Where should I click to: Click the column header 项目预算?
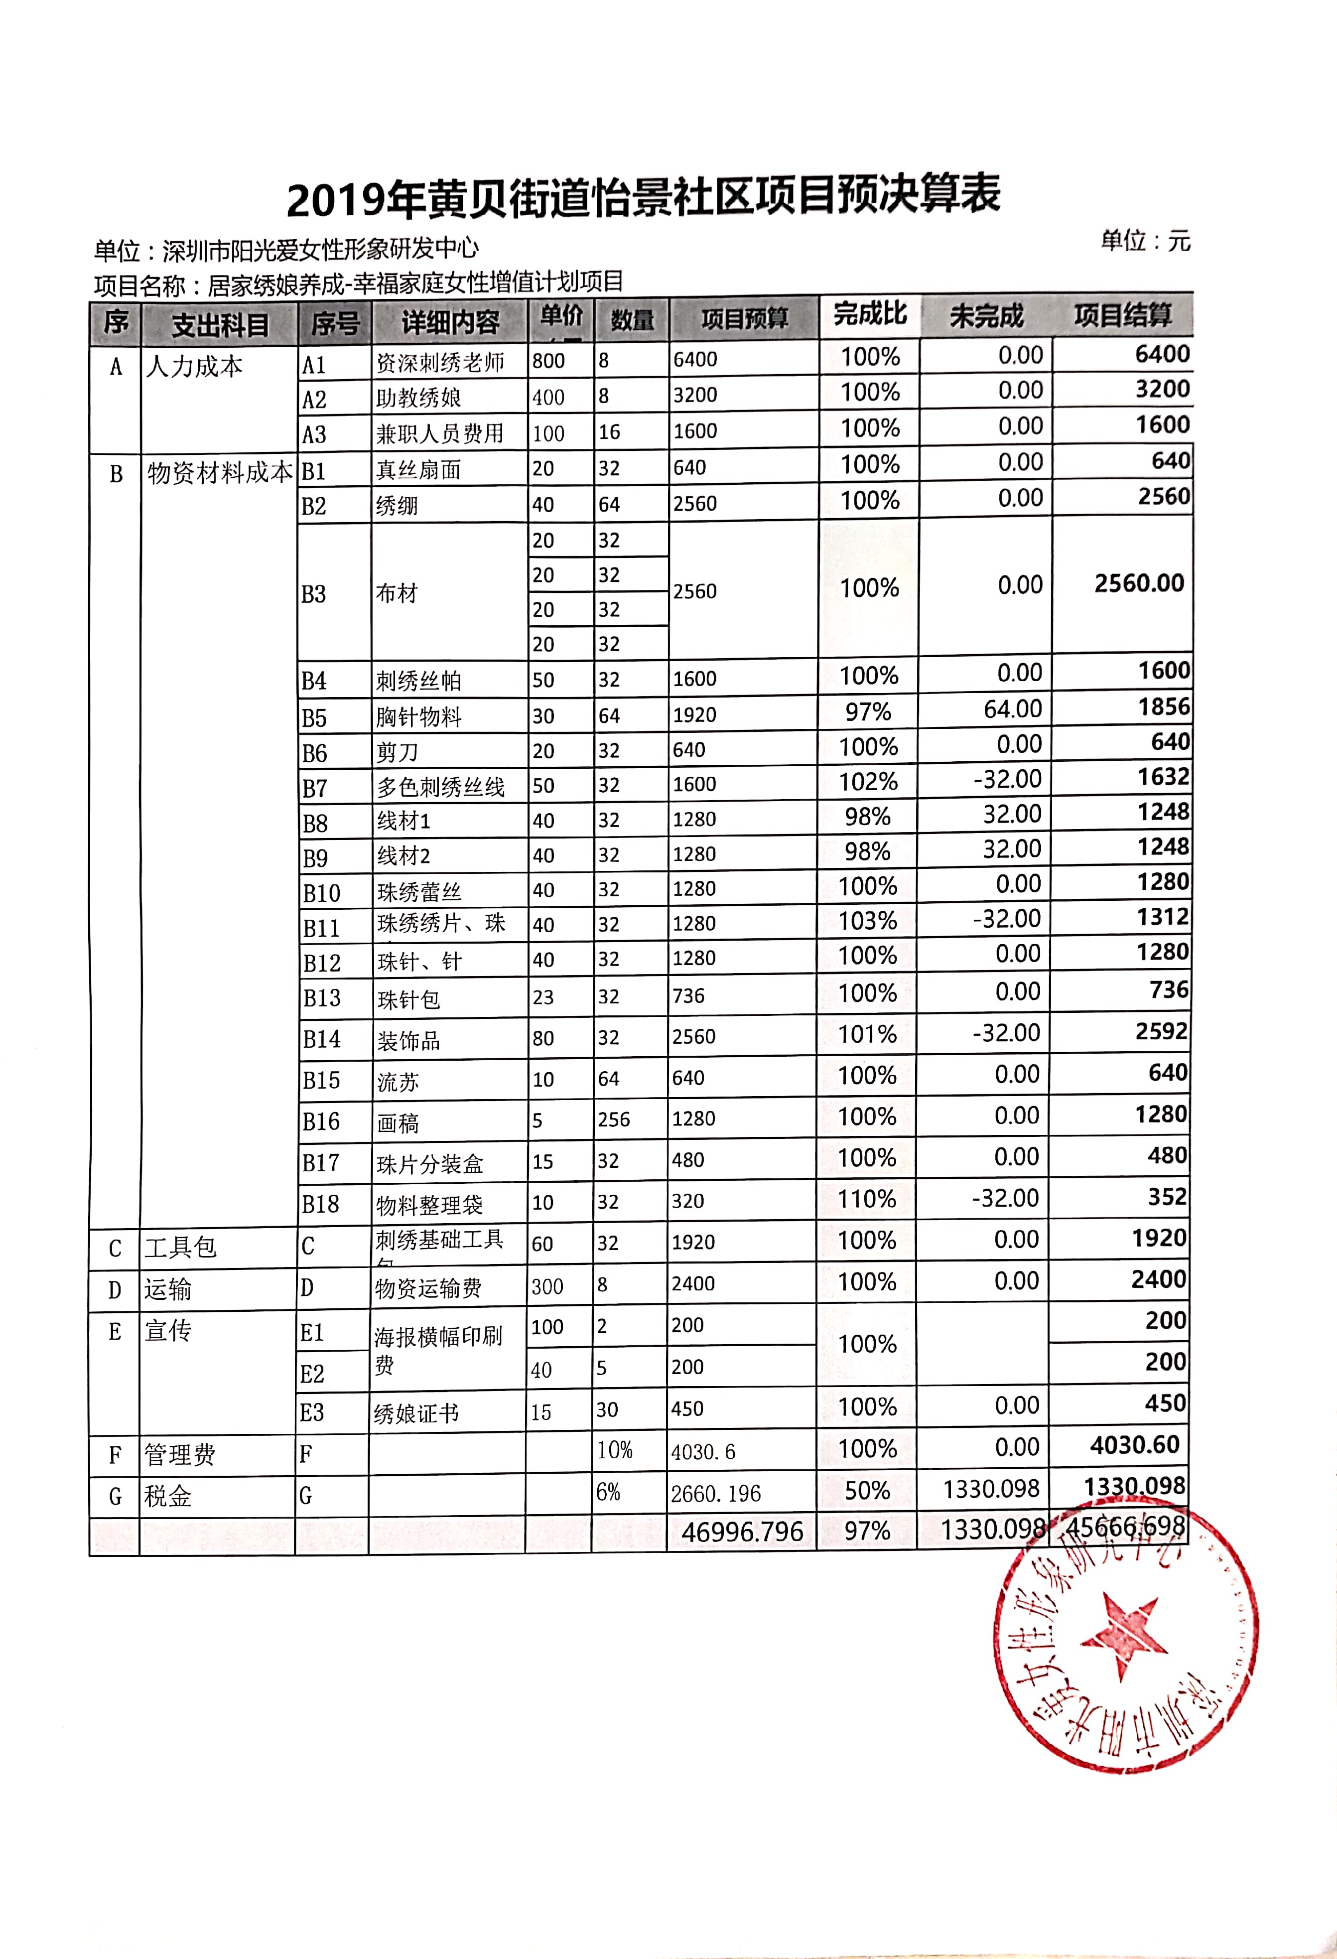point(744,319)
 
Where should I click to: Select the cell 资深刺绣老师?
point(440,363)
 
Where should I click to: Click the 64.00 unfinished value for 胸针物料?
point(1012,710)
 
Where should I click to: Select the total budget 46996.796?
point(742,1531)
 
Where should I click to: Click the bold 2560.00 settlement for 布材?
point(1139,583)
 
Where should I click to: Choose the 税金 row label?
point(168,1496)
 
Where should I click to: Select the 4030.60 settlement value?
point(1135,1446)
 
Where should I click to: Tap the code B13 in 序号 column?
point(322,998)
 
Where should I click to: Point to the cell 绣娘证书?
point(416,1413)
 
